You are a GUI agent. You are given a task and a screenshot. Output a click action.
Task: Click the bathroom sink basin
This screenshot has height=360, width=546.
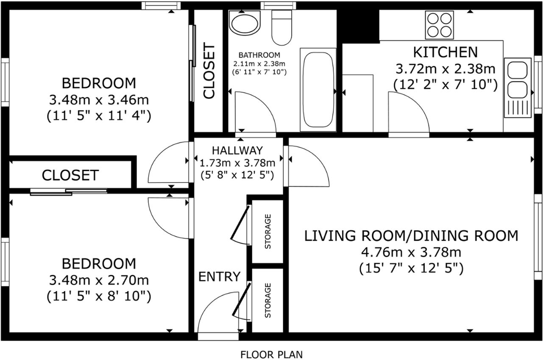point(245,24)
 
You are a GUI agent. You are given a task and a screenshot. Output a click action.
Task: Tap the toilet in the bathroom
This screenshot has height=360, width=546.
point(281,28)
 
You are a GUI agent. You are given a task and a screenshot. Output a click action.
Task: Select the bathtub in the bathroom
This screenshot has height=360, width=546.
point(318,90)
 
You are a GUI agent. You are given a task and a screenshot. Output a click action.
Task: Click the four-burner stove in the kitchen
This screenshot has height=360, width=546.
point(440,25)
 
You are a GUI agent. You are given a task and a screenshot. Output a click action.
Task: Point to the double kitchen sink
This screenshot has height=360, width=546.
point(518,88)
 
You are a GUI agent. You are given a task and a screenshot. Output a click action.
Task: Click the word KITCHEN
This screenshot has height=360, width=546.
point(445,52)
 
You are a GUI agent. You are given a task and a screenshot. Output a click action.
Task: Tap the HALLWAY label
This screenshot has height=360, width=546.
point(237,150)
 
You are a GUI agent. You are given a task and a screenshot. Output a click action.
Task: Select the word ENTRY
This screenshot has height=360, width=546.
point(220,277)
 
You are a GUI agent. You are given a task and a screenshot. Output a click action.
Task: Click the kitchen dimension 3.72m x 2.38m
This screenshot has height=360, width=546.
point(445,69)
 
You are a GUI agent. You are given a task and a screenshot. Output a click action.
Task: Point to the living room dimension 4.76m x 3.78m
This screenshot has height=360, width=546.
point(411,252)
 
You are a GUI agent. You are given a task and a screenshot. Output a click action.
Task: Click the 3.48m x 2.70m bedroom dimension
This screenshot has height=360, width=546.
point(99,280)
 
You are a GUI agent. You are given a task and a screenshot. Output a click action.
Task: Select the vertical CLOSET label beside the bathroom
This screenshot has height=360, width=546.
point(209,71)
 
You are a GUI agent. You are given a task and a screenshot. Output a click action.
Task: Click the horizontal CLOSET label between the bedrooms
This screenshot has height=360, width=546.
point(70,175)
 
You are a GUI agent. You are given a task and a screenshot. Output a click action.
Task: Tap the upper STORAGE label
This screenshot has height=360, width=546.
point(267,231)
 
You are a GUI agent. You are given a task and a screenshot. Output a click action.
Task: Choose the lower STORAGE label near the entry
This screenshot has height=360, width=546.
point(267,300)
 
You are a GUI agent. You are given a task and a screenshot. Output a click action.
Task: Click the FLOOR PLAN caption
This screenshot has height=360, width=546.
point(272,354)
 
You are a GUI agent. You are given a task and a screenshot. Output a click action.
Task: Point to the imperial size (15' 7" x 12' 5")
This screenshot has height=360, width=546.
point(411,269)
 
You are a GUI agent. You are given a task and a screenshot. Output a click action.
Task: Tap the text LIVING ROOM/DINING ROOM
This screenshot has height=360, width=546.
point(411,236)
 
